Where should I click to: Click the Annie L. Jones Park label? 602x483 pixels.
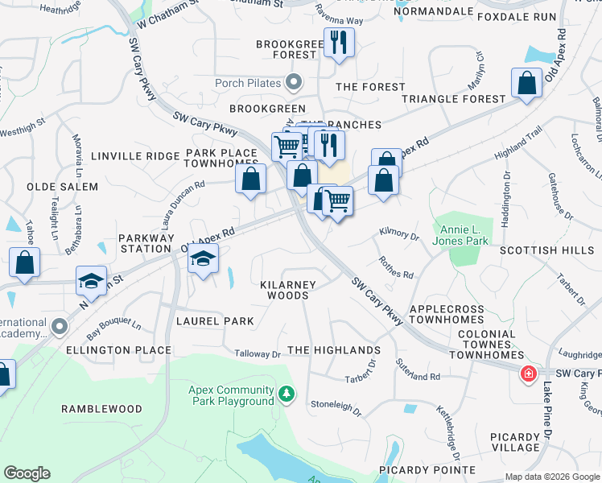tap(460, 234)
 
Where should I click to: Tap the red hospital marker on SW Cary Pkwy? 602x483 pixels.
tap(528, 374)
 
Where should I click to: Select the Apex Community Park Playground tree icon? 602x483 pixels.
tap(287, 394)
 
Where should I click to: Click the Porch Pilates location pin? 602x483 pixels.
tap(294, 82)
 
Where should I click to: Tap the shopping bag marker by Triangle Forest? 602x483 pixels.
tap(526, 83)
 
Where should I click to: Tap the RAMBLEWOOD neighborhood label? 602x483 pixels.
tap(102, 409)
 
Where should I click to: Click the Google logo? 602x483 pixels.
tap(27, 473)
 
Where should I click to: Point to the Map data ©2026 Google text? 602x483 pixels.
tap(551, 477)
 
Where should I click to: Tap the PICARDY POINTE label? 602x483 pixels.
tap(428, 469)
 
